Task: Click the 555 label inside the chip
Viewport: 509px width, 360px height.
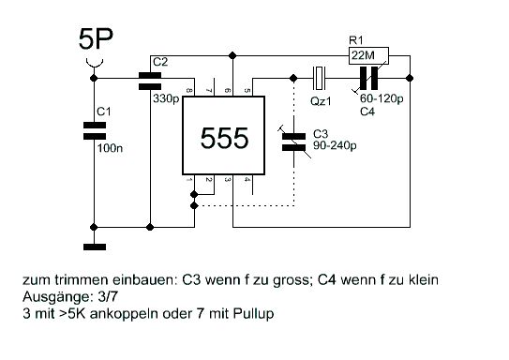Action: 224,139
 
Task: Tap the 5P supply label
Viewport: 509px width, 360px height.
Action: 96,39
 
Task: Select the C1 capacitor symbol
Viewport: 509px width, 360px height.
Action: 95,131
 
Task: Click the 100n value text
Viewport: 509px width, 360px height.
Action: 110,148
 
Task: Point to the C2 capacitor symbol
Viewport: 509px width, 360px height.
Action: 150,81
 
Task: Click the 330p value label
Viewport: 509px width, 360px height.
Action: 166,98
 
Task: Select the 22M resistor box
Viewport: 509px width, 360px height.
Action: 368,56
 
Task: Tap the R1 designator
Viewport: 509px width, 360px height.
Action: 356,40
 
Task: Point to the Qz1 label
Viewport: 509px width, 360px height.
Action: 321,101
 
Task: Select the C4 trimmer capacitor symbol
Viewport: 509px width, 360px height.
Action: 368,78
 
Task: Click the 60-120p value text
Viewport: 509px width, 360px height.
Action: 382,98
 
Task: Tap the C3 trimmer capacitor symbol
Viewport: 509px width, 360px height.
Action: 293,142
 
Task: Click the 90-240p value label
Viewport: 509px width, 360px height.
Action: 335,145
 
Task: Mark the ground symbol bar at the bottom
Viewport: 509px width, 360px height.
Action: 95,247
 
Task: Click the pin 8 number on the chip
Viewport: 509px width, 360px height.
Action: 189,90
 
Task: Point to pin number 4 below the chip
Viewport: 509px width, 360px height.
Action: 247,180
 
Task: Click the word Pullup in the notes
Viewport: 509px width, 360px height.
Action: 253,314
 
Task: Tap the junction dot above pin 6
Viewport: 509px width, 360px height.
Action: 232,56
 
